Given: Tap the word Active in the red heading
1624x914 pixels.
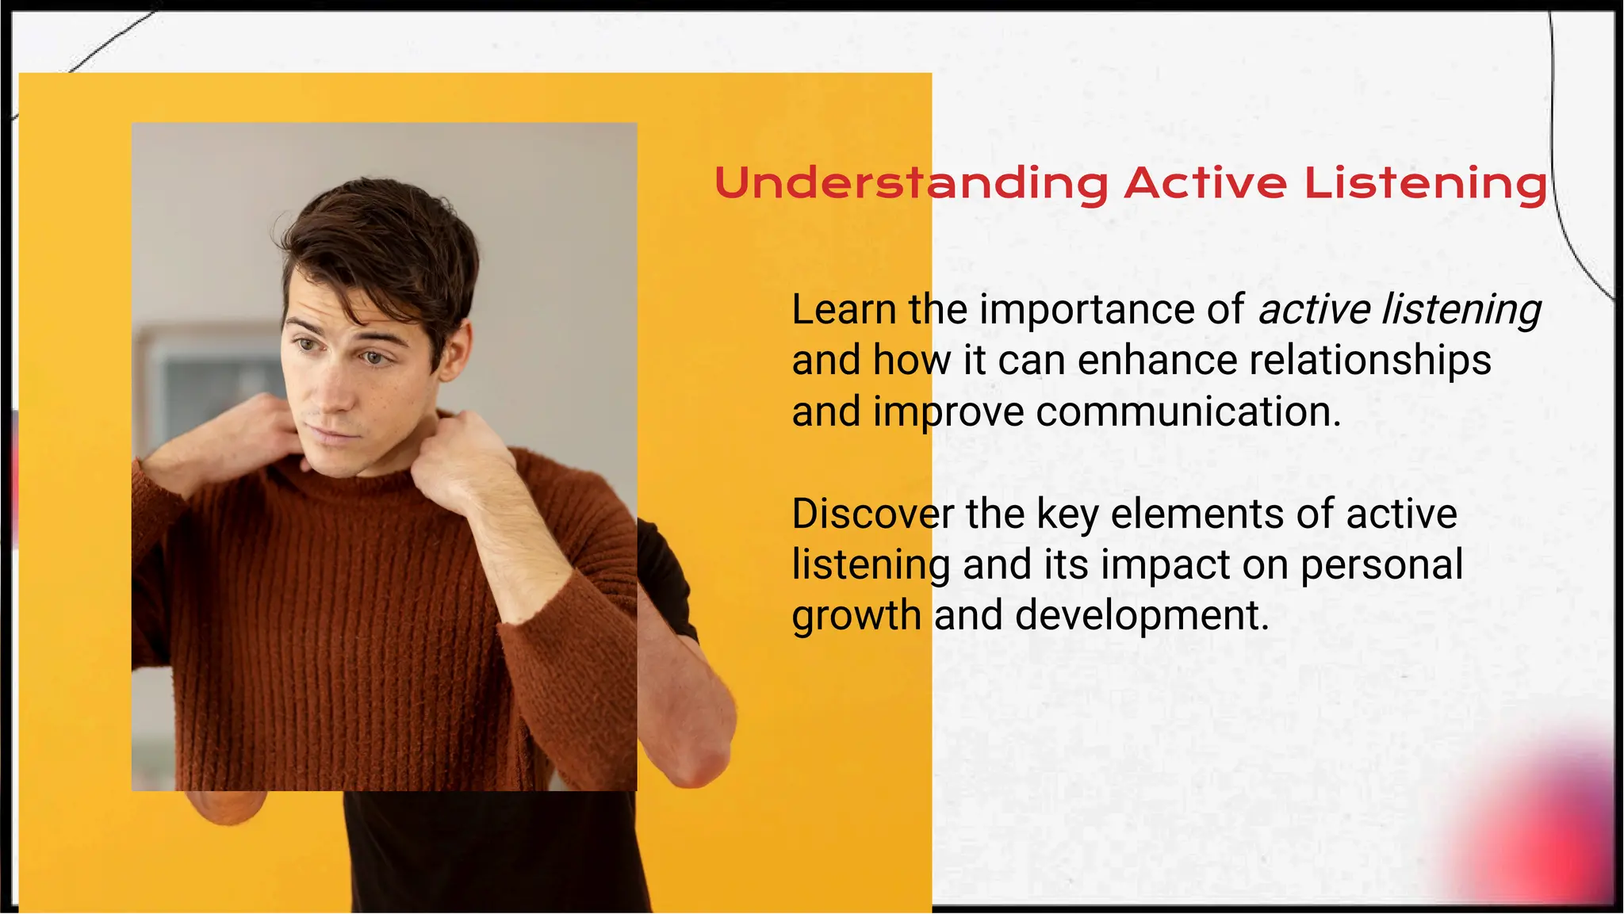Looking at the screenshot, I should click(1205, 184).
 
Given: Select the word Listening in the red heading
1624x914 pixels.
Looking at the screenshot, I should click(1425, 184).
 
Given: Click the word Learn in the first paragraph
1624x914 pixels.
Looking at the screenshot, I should click(844, 310).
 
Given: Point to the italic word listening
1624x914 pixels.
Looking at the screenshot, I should click(1461, 310).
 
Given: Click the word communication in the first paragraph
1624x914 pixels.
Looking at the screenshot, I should click(1188, 412).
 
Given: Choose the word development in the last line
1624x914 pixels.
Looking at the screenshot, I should click(1142, 616).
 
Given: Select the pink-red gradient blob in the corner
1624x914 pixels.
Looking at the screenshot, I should click(1546, 832).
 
